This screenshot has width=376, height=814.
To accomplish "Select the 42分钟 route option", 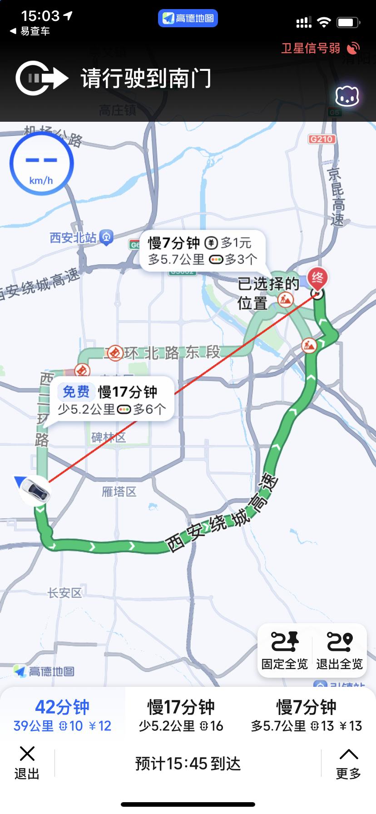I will (x=62, y=715).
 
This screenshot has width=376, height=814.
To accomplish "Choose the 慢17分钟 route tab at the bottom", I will (x=181, y=715).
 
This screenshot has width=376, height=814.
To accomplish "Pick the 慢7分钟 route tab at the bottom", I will (x=306, y=715).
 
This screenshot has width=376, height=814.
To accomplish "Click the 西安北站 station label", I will (x=74, y=238).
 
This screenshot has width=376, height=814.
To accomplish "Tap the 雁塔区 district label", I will (x=119, y=491).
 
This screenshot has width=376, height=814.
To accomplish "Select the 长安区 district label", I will (x=65, y=592).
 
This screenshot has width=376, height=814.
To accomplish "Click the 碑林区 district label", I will (x=109, y=437).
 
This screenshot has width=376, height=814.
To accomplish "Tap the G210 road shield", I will (x=322, y=139).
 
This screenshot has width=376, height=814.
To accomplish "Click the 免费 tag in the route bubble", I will (x=76, y=392).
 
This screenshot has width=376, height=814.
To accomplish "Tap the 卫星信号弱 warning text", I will (x=311, y=48).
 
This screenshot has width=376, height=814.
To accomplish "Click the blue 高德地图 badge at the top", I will (x=188, y=18).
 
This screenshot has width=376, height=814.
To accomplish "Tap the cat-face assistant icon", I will (x=347, y=96).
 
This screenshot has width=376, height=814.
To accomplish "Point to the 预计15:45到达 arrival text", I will (x=188, y=764).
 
